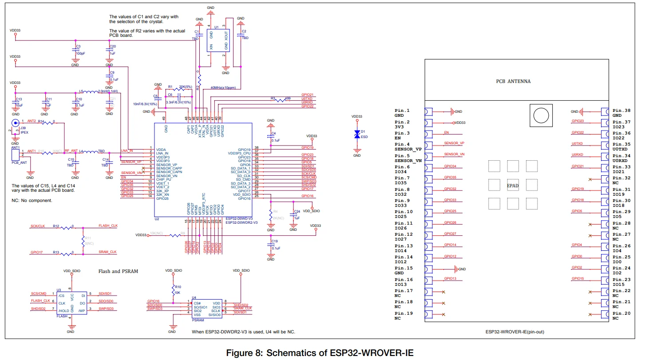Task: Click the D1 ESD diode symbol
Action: point(356,135)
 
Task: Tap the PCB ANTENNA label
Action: point(513,81)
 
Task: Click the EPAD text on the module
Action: point(513,185)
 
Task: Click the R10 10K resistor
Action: point(173,290)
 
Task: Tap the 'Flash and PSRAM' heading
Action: point(118,271)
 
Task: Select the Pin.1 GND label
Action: point(402,113)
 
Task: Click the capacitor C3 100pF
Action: point(75,51)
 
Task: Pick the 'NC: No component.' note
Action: point(32,200)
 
